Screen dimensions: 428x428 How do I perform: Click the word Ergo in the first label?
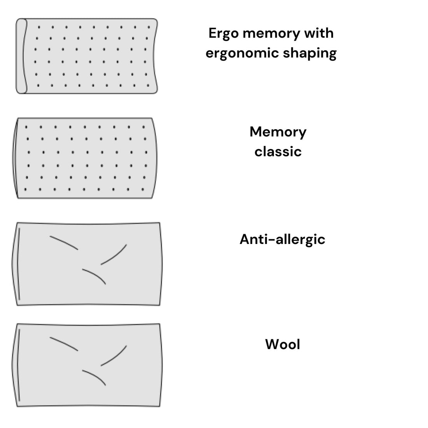pos(223,34)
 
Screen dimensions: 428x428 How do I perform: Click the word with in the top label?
pos(319,33)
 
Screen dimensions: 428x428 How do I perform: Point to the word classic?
pos(278,151)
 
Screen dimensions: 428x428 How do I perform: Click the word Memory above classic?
pos(278,132)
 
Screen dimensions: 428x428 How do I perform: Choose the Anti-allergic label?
pos(282,239)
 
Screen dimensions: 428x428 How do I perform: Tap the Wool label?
pos(282,344)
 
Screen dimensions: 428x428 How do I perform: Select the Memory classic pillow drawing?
pos(86,158)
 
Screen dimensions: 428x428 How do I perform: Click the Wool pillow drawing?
pos(88,365)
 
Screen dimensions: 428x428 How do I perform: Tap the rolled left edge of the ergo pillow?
pos(21,56)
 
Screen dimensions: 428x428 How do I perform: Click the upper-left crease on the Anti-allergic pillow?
pos(64,242)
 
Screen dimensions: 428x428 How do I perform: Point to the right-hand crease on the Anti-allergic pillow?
pos(114,254)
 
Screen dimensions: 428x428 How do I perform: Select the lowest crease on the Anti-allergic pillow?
pos(95,275)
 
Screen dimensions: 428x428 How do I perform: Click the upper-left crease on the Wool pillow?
pos(64,344)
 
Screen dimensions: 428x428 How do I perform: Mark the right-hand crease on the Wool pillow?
pos(114,356)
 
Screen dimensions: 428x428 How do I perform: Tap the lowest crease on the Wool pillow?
pos(95,377)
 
